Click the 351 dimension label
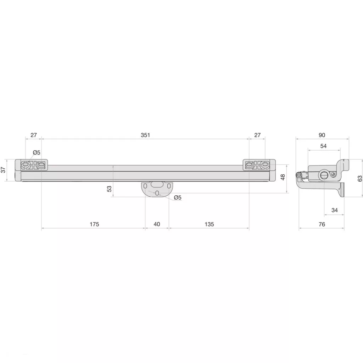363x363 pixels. point(145,135)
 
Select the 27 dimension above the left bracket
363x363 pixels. point(34,135)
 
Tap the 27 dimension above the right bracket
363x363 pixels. point(257,135)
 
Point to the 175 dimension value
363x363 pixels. point(94,224)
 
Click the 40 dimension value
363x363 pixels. point(157,224)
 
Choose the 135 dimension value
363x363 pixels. point(209,224)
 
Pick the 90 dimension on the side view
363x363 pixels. point(322,135)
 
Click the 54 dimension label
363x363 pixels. point(323,146)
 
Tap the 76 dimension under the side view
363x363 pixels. point(322,224)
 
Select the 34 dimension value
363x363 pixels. point(335,210)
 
